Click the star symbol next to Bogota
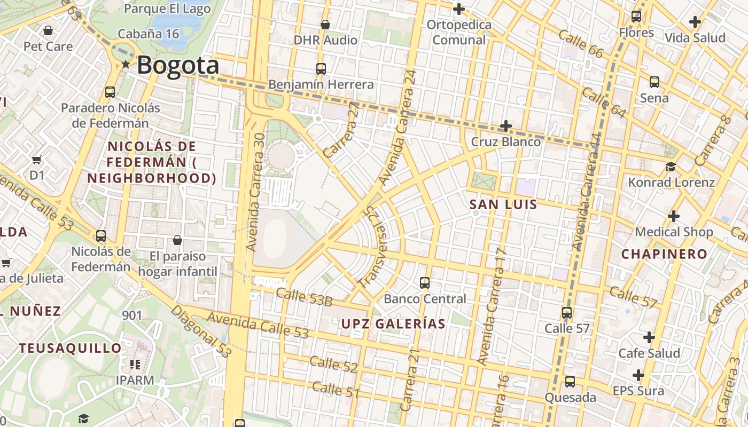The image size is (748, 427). tap(126, 65)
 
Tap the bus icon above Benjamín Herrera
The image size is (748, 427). tap(321, 68)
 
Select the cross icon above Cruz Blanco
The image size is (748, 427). tap(505, 126)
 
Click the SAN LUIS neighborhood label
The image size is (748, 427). tap(503, 204)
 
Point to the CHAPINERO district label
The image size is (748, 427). tap(664, 254)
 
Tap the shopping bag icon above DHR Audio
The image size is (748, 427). tap(325, 24)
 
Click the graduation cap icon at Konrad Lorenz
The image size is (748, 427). tap(671, 167)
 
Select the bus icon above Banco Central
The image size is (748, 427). tap(425, 282)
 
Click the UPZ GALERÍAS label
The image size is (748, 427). tap(393, 324)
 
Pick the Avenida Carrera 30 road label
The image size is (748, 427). tap(256, 193)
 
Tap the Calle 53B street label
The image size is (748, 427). tap(304, 298)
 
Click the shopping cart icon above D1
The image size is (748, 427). tap(37, 160)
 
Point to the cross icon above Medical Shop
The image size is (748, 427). tap(673, 216)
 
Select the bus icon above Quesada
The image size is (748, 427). tap(570, 382)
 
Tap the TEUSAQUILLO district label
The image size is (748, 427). tap(71, 349)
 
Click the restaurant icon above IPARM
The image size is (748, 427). tap(135, 365)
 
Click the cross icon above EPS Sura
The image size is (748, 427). tap(638, 375)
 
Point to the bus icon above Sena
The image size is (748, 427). tap(654, 82)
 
